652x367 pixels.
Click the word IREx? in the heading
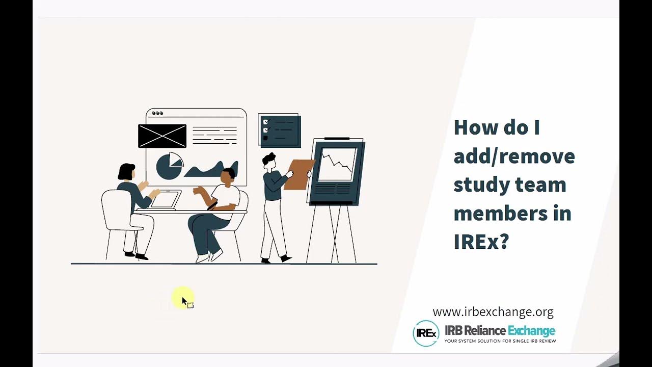[481, 242]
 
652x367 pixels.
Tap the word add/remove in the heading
[514, 156]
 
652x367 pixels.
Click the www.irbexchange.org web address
[493, 311]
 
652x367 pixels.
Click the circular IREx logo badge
[425, 333]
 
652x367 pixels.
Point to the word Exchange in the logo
[531, 331]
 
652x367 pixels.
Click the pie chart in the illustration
[169, 166]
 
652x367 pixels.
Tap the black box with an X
[162, 136]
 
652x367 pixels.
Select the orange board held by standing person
[299, 174]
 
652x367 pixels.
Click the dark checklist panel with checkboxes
[279, 130]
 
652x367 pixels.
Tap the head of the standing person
[268, 161]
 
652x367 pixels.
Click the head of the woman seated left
[126, 172]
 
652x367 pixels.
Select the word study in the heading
[480, 185]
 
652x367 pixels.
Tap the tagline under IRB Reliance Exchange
[500, 341]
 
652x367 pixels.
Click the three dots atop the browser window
[157, 113]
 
